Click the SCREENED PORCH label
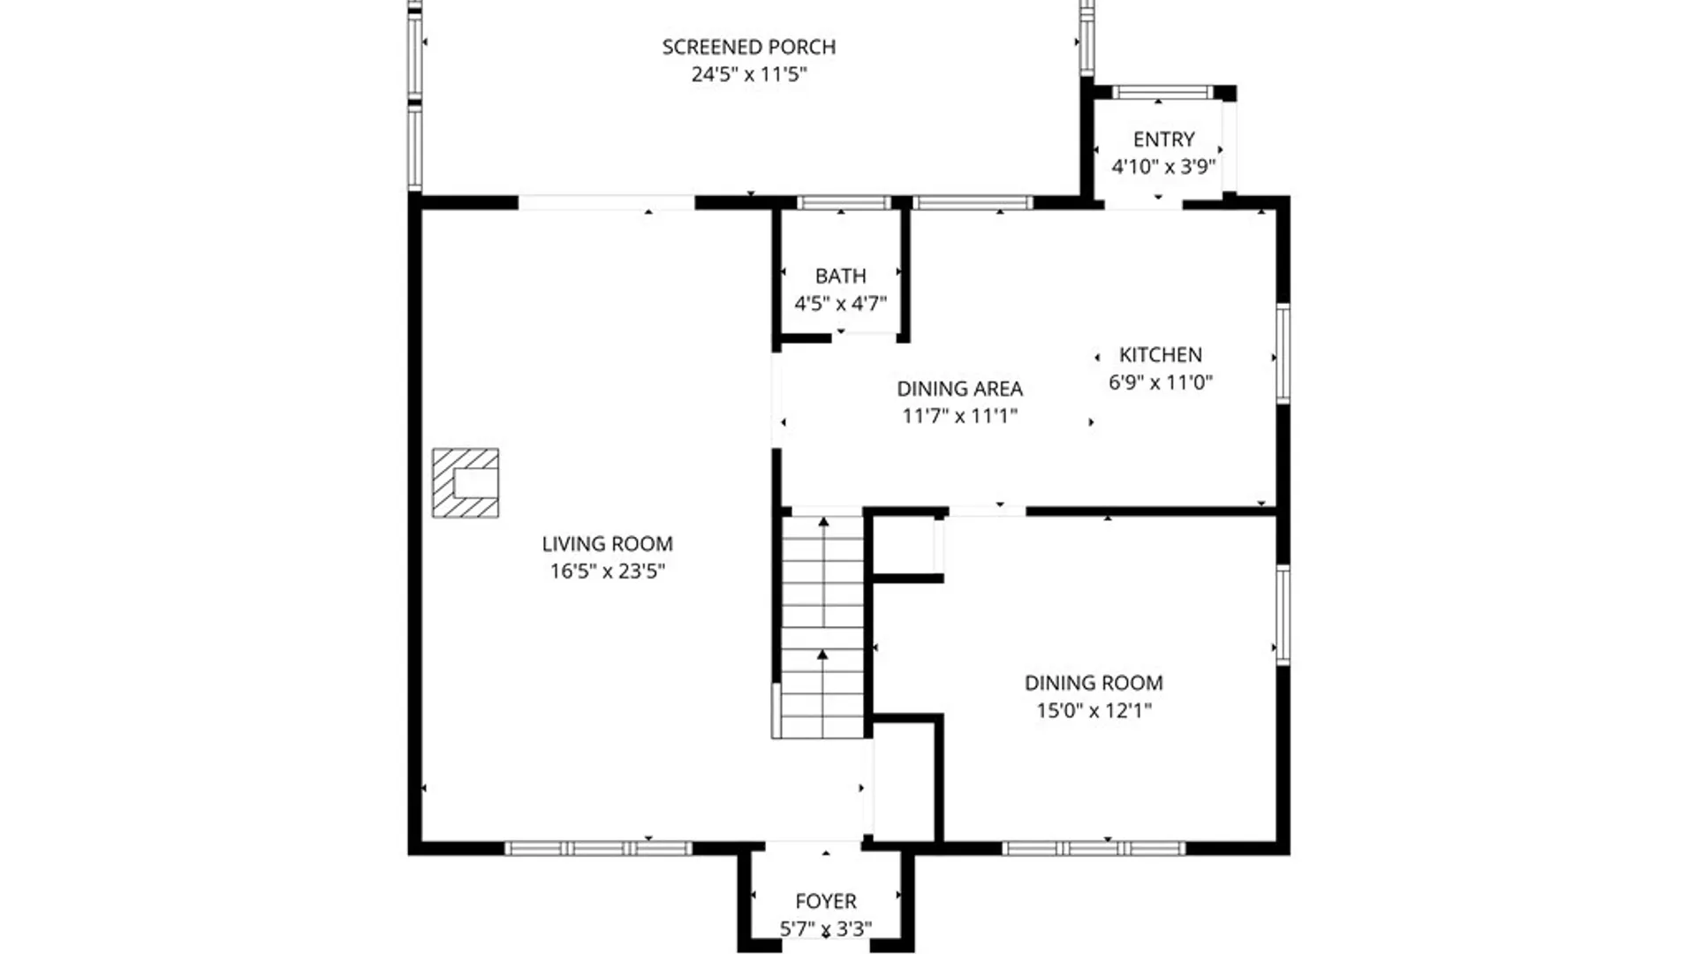pyautogui.click(x=748, y=47)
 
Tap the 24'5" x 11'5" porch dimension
pyautogui.click(x=748, y=74)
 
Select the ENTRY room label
pyautogui.click(x=1163, y=140)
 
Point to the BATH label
pyautogui.click(x=840, y=276)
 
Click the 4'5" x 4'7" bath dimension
pyautogui.click(x=840, y=304)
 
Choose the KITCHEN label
pyautogui.click(x=1160, y=355)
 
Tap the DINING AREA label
pyautogui.click(x=959, y=389)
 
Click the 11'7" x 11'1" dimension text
pyautogui.click(x=959, y=416)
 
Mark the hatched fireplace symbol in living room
pyautogui.click(x=466, y=483)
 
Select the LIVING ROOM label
pyautogui.click(x=607, y=544)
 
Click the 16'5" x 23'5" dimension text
pyautogui.click(x=607, y=572)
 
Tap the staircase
pyautogui.click(x=822, y=627)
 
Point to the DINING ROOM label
pyautogui.click(x=1093, y=683)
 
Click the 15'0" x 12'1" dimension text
pyautogui.click(x=1093, y=710)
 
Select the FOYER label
pyautogui.click(x=825, y=901)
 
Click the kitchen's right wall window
pyautogui.click(x=1283, y=353)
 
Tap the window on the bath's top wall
pyautogui.click(x=844, y=203)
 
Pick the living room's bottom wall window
pyautogui.click(x=598, y=849)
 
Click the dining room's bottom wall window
pyautogui.click(x=1093, y=849)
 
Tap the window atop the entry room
pyautogui.click(x=1162, y=92)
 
